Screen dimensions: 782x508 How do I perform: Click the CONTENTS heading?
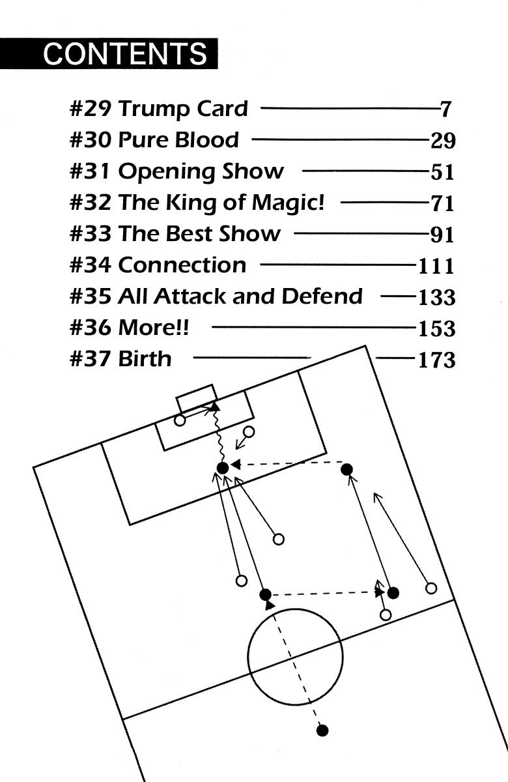tap(125, 53)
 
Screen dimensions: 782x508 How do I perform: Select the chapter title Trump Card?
tap(183, 108)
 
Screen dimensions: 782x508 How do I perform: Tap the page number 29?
tap(442, 140)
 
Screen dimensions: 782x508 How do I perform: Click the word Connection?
tap(182, 265)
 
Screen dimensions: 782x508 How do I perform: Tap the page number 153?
tap(436, 328)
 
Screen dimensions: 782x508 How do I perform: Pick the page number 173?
tap(436, 359)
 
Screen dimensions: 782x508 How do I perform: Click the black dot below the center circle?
tap(322, 730)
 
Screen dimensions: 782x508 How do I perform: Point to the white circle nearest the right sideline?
tap(430, 588)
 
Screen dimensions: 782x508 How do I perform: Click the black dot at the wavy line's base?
tap(222, 467)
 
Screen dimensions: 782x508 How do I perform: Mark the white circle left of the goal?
tap(180, 420)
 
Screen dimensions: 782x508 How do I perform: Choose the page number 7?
tap(445, 109)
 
